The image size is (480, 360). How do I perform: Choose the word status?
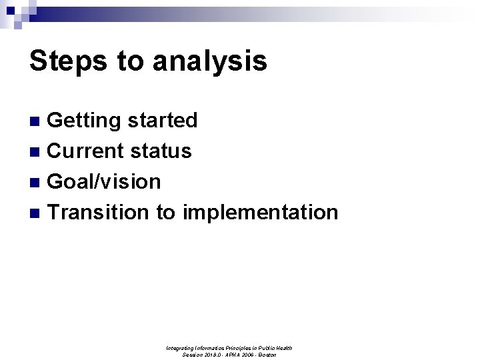161,151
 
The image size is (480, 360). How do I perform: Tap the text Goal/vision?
105,182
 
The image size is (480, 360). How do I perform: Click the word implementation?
260,213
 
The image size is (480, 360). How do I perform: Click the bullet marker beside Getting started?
38,121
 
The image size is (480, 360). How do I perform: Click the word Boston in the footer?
267,355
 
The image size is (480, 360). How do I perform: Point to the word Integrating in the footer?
180,348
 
